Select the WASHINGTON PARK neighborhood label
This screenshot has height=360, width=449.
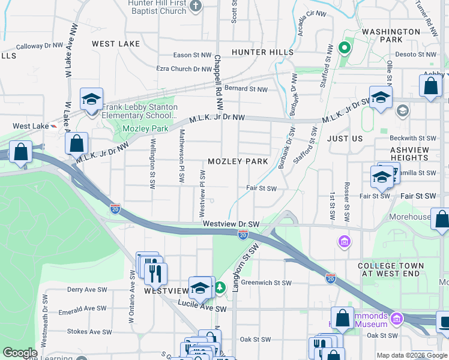(391, 35)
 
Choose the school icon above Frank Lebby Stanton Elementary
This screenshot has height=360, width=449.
(92, 99)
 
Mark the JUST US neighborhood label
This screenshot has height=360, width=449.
(345, 139)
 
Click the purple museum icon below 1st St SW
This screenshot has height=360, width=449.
(345, 242)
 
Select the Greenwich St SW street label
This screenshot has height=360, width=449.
(267, 283)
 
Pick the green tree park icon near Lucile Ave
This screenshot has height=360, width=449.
(221, 289)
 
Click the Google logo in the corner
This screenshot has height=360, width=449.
(20, 353)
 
